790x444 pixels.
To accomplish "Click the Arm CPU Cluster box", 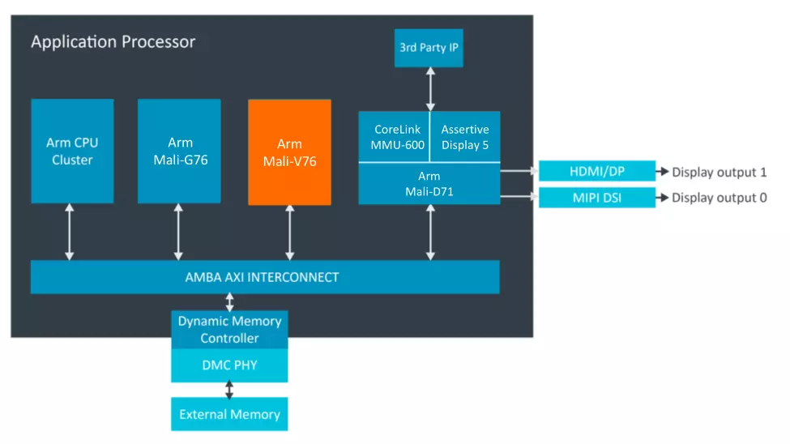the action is (x=72, y=151).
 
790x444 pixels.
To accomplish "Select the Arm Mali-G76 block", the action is (x=179, y=151).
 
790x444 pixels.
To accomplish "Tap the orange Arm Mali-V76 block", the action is (x=290, y=152).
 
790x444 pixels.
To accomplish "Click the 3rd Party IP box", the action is (x=429, y=48).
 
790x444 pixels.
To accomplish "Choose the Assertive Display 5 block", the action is (x=465, y=137).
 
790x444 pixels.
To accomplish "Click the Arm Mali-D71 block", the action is (x=429, y=183).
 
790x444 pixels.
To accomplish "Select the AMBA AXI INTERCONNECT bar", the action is (x=265, y=276).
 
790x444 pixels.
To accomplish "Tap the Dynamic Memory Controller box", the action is (x=230, y=330).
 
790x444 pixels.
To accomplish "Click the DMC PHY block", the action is (x=230, y=365).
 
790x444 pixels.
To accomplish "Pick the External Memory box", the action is (x=230, y=414).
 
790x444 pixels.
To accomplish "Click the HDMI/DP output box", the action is (x=597, y=171).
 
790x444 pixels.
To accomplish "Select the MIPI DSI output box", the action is (x=597, y=198).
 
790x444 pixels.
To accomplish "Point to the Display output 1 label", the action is (x=720, y=173).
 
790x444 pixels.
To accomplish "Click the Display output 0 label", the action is (x=720, y=198).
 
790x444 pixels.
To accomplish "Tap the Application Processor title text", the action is (x=113, y=42).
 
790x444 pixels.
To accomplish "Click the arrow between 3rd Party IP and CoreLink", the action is (x=430, y=89).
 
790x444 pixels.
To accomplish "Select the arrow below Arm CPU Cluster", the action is (x=70, y=232).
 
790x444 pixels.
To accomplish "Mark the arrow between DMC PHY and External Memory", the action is (x=229, y=390).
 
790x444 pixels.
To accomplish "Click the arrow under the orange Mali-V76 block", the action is (x=290, y=233).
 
